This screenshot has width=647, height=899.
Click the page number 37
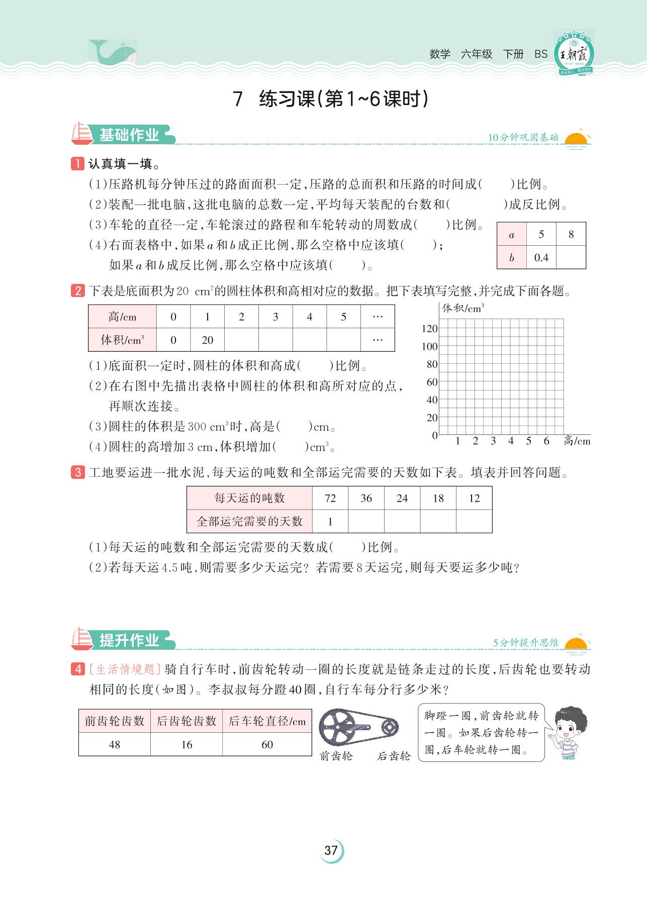(x=331, y=850)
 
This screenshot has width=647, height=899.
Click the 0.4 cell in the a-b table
(x=541, y=258)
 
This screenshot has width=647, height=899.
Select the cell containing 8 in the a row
(x=571, y=234)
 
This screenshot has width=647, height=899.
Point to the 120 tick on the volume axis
(x=430, y=329)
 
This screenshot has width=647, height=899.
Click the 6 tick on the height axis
(x=546, y=441)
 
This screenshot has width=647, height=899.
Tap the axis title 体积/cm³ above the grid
(x=463, y=308)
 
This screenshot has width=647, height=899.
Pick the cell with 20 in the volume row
(x=207, y=340)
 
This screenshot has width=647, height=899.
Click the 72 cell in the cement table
(x=330, y=498)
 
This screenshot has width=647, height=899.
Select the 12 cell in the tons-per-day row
(x=474, y=498)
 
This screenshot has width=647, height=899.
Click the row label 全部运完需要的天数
(x=249, y=521)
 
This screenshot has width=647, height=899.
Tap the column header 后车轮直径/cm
(x=267, y=721)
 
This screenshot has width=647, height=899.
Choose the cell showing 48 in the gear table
(x=115, y=744)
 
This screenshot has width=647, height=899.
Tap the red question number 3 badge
(x=78, y=472)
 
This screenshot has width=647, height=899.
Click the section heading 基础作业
(x=129, y=135)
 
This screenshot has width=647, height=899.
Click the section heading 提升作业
(x=129, y=640)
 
